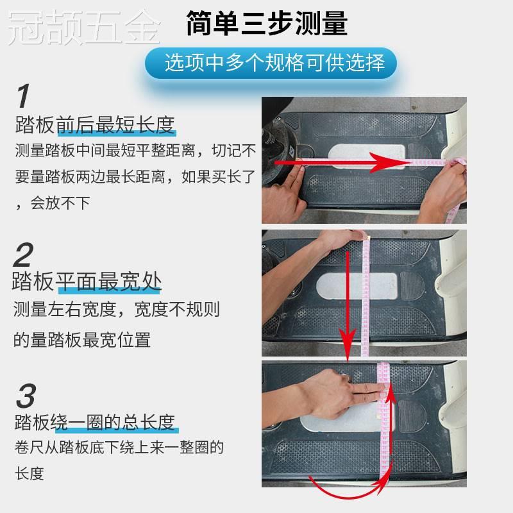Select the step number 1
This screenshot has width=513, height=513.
point(24,97)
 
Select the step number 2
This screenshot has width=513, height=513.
point(23,256)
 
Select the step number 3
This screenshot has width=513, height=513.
point(24,397)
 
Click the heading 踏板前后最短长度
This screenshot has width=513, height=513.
point(95,125)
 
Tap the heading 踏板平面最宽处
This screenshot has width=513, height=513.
point(87,282)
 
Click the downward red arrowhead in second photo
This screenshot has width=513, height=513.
point(348,347)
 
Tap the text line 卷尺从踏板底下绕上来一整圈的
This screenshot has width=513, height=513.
point(119,448)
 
